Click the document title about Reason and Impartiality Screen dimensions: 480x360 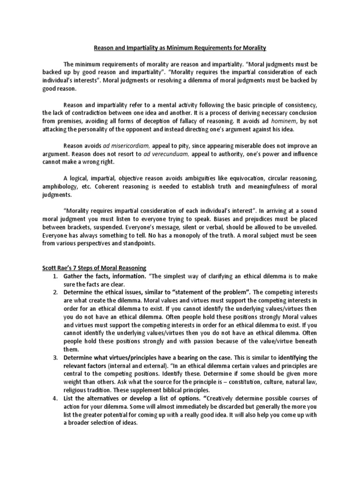click(x=180, y=47)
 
